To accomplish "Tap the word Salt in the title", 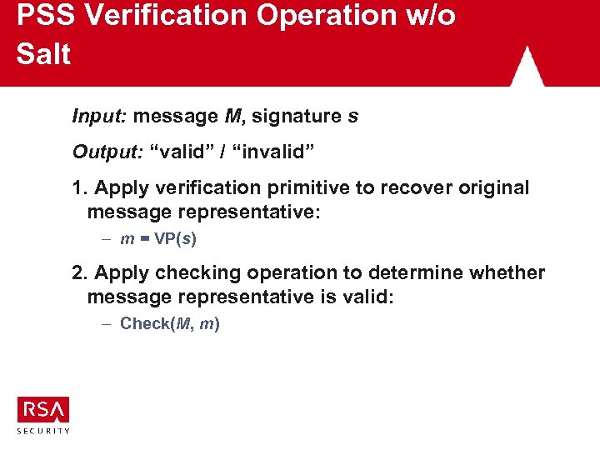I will (x=43, y=54).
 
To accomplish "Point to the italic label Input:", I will (x=99, y=117).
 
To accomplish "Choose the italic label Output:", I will (x=106, y=152).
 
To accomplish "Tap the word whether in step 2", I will (x=508, y=272).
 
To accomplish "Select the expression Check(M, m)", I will (x=170, y=323).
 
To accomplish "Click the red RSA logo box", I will (x=43, y=409).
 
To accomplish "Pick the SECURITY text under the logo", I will (x=43, y=431).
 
